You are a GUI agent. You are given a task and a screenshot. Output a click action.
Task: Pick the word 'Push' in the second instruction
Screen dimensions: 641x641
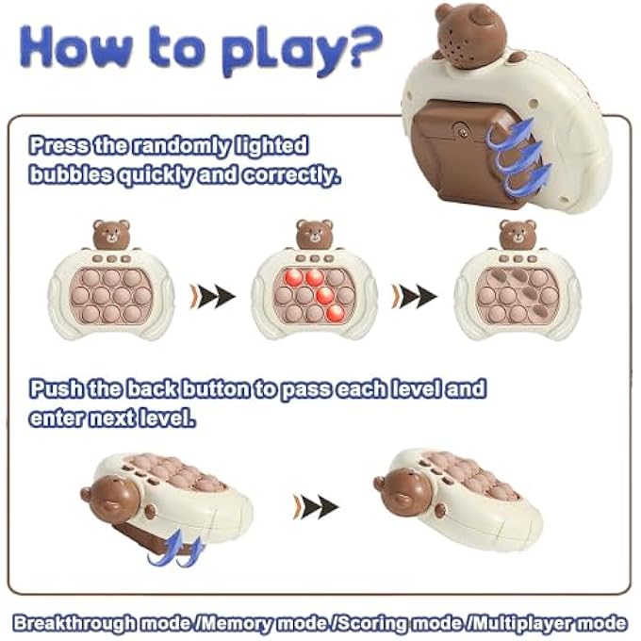(x=53, y=388)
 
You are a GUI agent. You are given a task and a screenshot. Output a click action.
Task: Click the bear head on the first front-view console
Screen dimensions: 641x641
(x=110, y=234)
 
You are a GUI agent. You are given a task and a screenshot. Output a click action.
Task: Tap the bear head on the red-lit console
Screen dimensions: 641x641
(x=314, y=234)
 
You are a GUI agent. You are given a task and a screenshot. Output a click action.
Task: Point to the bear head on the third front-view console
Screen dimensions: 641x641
(x=517, y=234)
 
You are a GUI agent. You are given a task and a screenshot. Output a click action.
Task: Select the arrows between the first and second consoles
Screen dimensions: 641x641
(x=213, y=296)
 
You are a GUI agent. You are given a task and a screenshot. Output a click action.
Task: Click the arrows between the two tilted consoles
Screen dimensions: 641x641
(x=315, y=506)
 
